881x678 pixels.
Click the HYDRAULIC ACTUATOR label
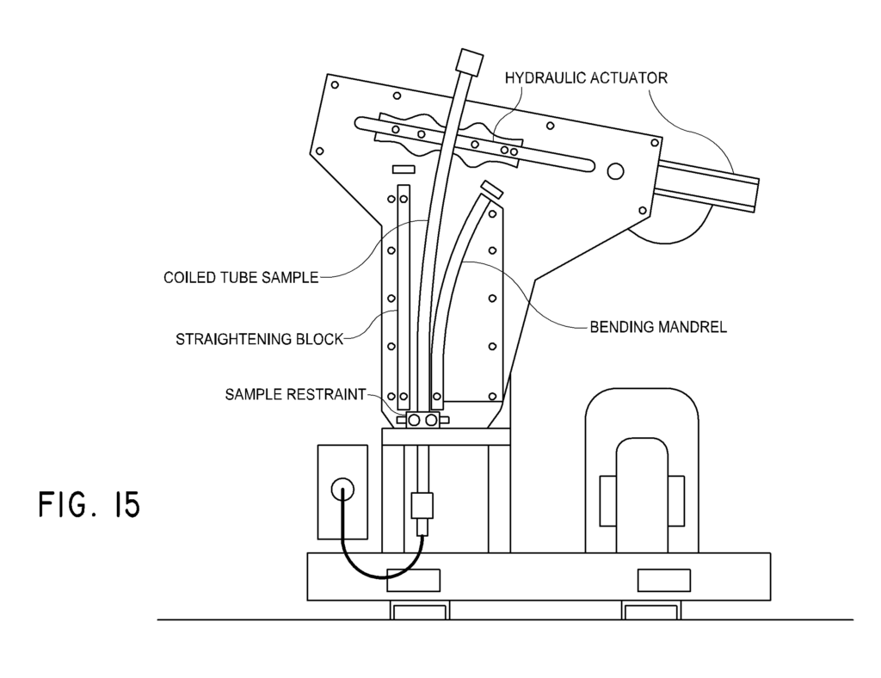[x=586, y=77]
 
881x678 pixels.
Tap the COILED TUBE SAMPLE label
[x=241, y=278]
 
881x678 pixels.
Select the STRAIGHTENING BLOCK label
[x=259, y=339]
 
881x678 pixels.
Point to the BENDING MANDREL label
[x=657, y=327]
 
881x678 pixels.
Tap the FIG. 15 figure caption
[x=89, y=504]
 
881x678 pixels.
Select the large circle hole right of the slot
[x=614, y=171]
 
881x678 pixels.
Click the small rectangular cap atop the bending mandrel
[x=491, y=188]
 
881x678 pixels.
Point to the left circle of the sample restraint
[x=415, y=420]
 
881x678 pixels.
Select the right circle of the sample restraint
[x=432, y=420]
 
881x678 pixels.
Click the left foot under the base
[x=420, y=611]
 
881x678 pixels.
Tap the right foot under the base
[x=650, y=611]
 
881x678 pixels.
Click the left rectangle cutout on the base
[x=413, y=581]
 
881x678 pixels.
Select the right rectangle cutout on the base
[x=663, y=581]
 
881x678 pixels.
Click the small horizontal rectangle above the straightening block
[x=404, y=169]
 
